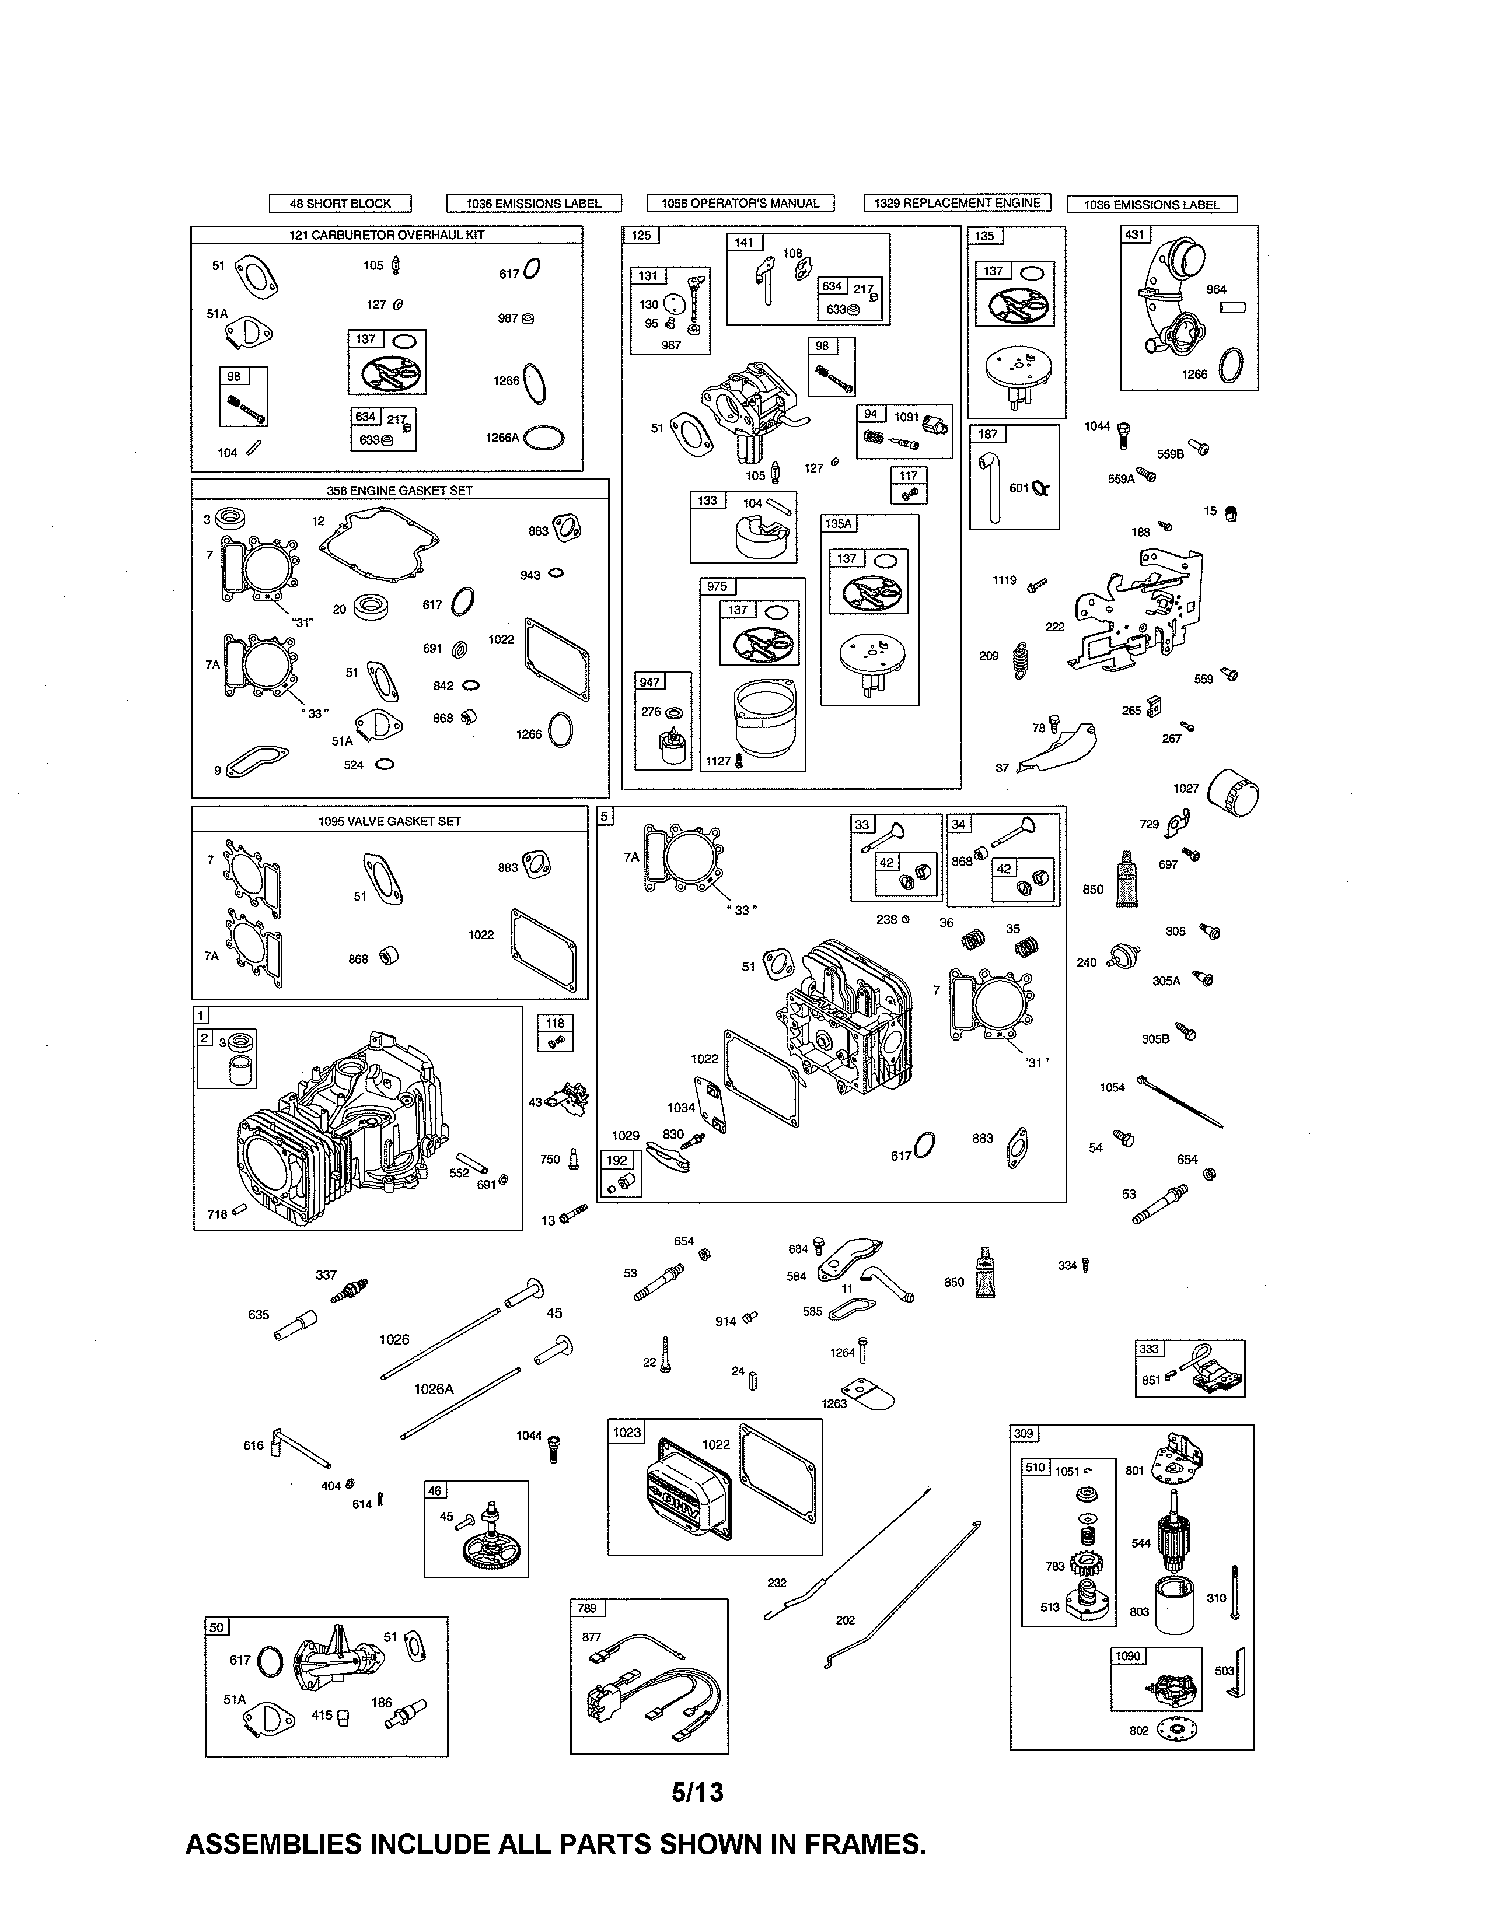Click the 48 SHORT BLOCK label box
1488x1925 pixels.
(340, 204)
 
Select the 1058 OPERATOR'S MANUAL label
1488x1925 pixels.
(740, 204)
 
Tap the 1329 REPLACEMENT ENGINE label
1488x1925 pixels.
(958, 203)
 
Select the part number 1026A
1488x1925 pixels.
(434, 1389)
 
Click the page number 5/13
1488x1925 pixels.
(697, 1793)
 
